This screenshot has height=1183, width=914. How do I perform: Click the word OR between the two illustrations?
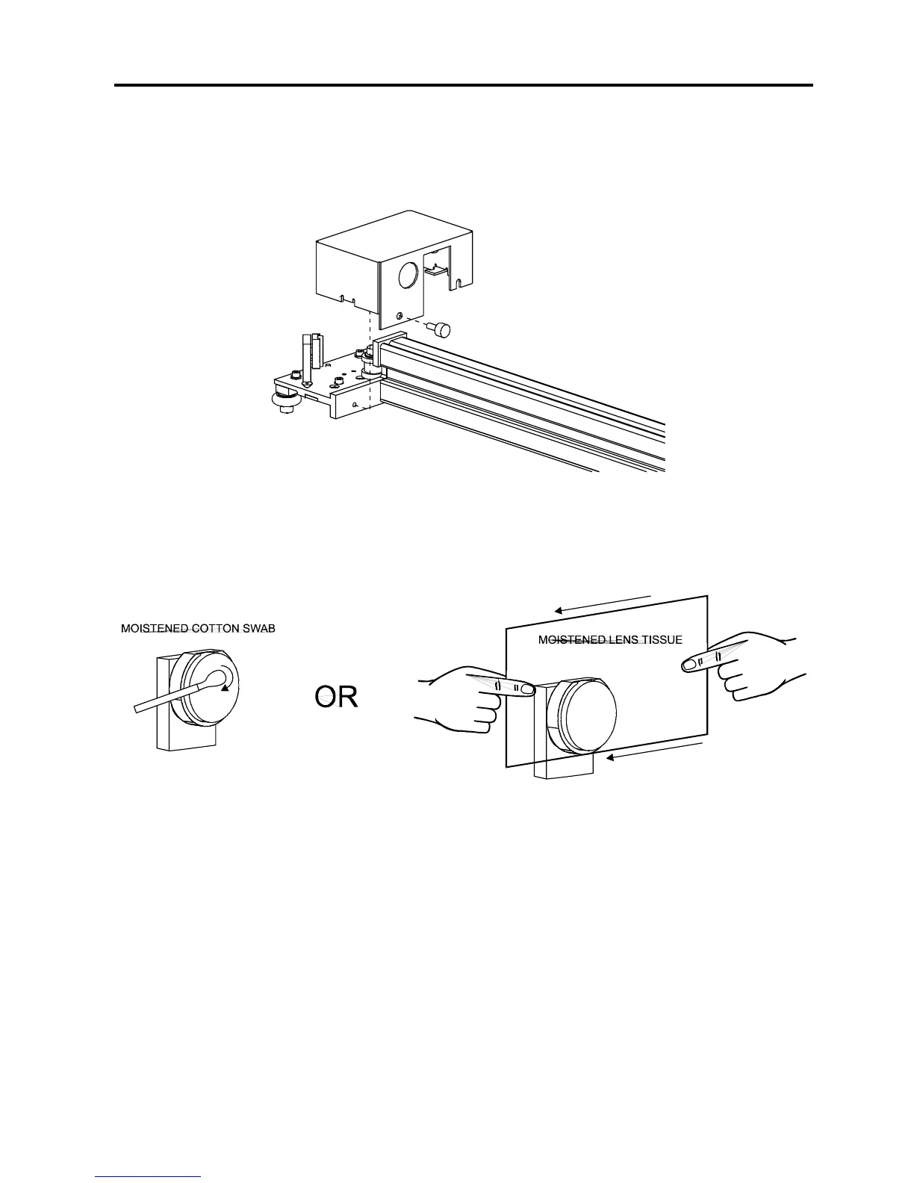coord(335,697)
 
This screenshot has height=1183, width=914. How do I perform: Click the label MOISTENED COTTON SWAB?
coord(198,629)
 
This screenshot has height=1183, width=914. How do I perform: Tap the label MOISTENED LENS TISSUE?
coord(609,640)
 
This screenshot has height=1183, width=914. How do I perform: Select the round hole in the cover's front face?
coord(410,275)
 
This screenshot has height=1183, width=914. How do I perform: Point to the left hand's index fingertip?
coord(527,689)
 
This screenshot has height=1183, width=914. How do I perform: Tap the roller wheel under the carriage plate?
coord(285,403)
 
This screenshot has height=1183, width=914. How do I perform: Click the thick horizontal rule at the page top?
coord(463,85)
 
